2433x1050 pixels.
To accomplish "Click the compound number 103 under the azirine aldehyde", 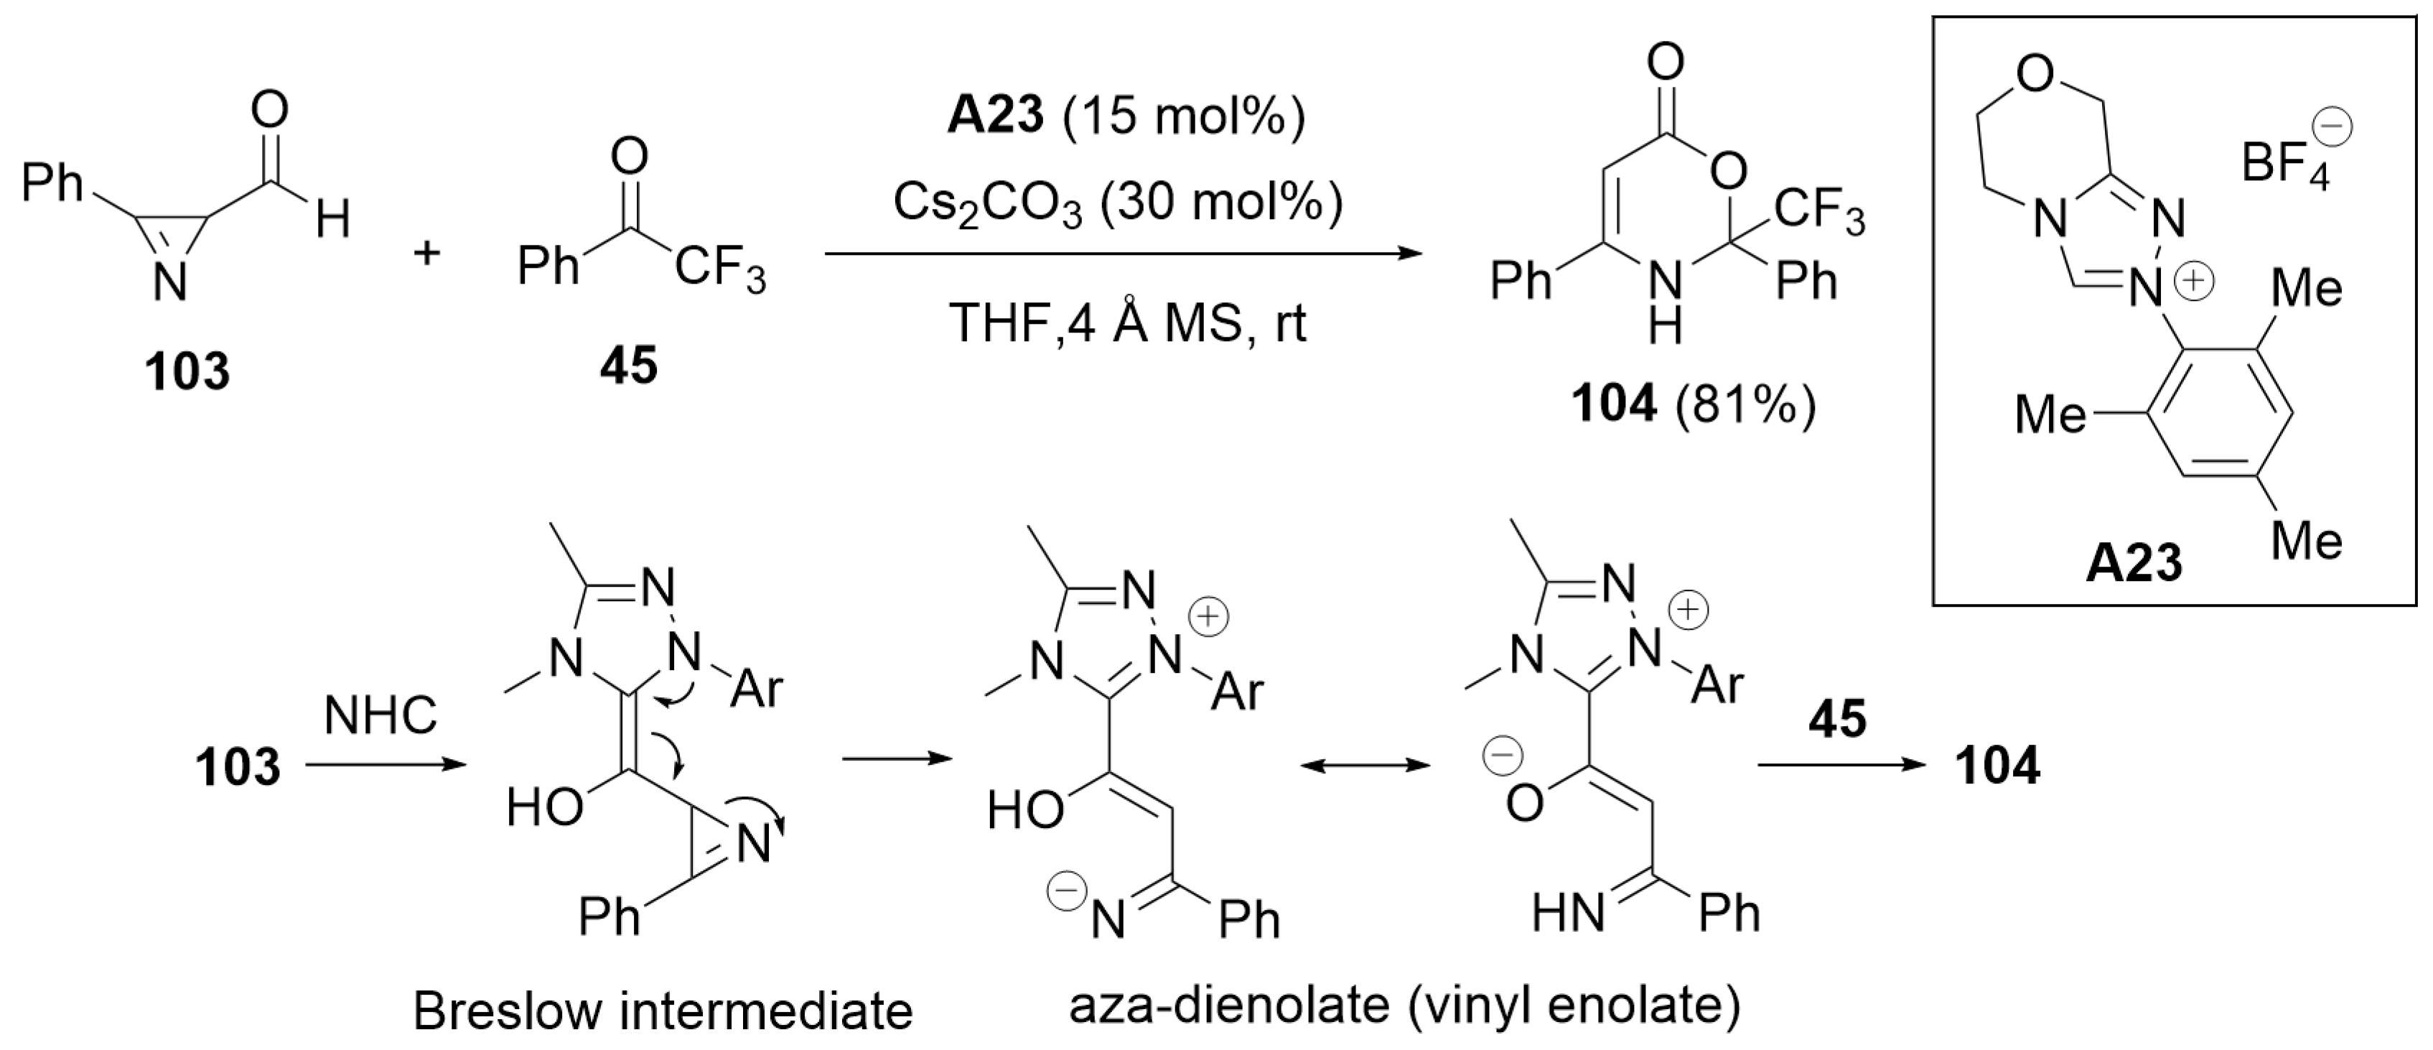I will (187, 371).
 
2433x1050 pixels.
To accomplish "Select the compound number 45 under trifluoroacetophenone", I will (628, 364).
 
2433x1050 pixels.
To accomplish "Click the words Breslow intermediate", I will (663, 1011).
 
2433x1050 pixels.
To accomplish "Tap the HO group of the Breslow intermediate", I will (545, 808).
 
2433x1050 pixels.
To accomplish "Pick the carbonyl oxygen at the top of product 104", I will (1665, 62).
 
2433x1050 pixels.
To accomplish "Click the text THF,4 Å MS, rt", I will (1128, 324).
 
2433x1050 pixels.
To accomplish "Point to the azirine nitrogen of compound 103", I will (170, 281).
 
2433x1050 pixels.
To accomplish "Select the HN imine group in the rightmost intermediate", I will (1568, 914).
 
